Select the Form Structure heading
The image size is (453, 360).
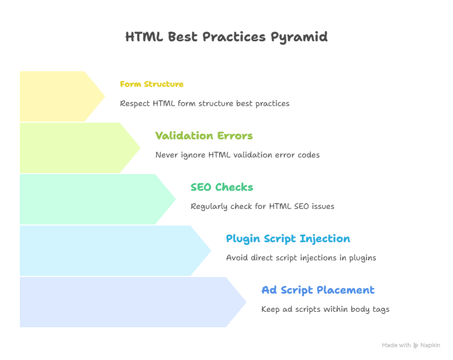point(152,84)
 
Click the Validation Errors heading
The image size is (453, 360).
point(203,136)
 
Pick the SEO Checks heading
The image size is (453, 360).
point(222,187)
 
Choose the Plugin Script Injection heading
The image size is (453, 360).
point(288,238)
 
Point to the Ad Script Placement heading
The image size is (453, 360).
point(318,290)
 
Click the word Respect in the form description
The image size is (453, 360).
point(135,103)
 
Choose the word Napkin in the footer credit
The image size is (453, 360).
point(431,346)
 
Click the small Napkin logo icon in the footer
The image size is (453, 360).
point(416,346)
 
